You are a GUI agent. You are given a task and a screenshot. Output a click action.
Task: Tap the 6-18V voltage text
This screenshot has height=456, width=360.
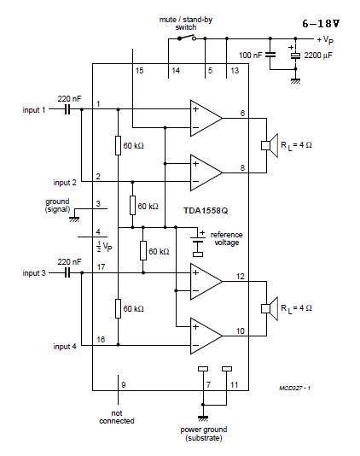click(x=322, y=23)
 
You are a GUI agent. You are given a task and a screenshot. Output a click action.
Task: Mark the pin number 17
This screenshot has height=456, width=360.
click(x=101, y=266)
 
